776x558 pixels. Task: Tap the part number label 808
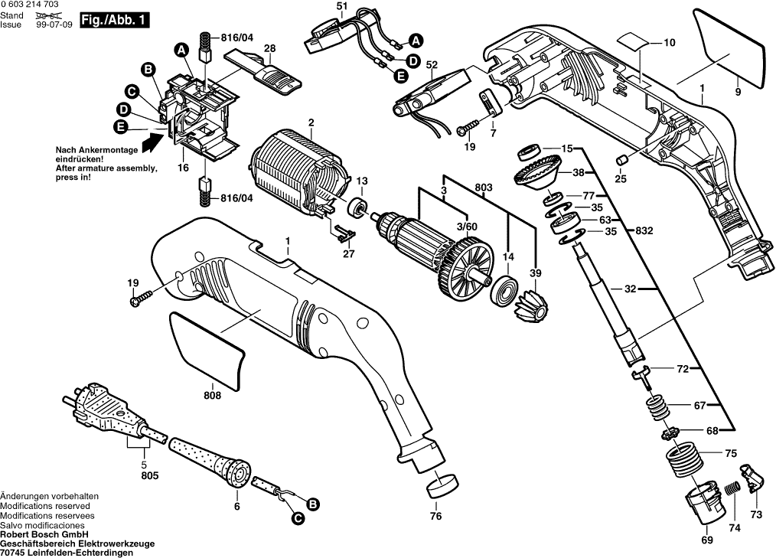click(212, 396)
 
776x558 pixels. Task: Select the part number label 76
click(435, 516)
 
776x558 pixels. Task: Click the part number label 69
click(706, 540)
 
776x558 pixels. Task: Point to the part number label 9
click(738, 93)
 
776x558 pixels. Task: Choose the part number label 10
click(670, 43)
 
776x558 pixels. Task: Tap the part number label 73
click(756, 515)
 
